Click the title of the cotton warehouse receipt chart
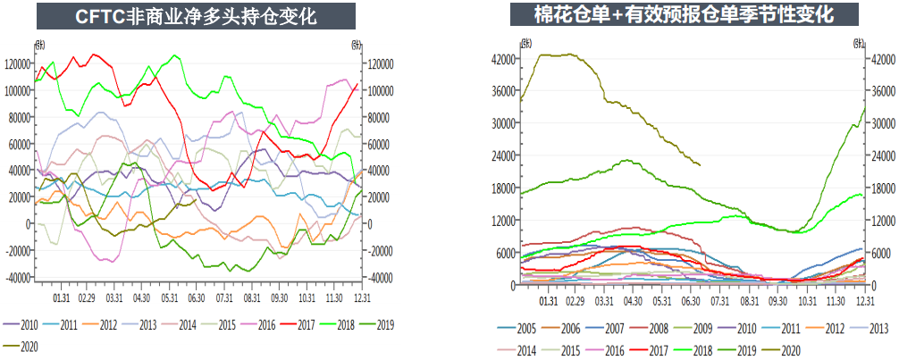coord(684,15)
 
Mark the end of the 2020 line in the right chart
coord(700,165)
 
